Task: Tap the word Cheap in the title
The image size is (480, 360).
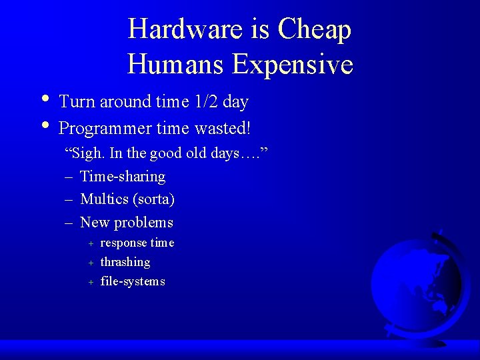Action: [x=315, y=29]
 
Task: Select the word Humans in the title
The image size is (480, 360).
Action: [x=176, y=65]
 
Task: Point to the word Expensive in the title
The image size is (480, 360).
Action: [x=293, y=65]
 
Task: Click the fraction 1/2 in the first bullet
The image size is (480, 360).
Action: [x=205, y=102]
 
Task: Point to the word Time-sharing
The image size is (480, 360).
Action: [x=123, y=177]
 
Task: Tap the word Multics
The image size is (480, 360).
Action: [x=104, y=199]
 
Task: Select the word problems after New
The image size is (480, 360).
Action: [x=143, y=223]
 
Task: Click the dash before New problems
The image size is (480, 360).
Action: [x=69, y=223]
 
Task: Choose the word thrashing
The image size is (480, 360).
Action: [x=125, y=262]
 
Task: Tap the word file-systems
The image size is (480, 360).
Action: [x=133, y=281]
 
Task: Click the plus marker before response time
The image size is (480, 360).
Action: [x=91, y=243]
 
